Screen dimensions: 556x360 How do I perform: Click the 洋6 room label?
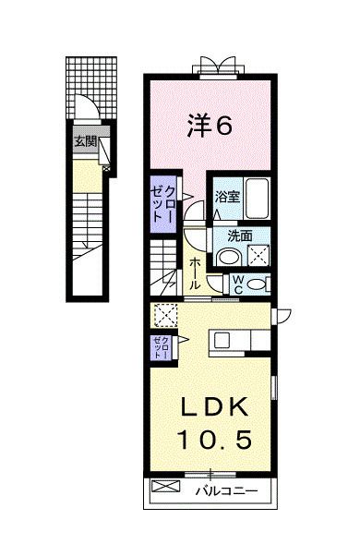coord(210,127)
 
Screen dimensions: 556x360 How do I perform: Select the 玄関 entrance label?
coord(85,142)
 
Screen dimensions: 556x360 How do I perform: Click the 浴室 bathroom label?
coord(227,196)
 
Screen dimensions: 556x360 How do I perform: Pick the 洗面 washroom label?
coord(227,235)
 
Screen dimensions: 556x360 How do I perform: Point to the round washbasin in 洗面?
coord(232,257)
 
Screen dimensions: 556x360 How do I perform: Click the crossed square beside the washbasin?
coord(259,256)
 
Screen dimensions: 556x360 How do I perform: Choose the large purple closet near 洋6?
coord(164,200)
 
